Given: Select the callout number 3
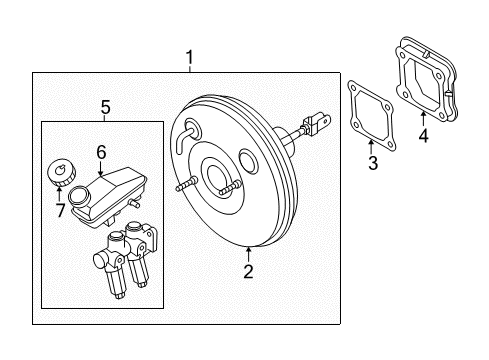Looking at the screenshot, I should [372, 163].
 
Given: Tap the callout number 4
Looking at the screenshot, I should [423, 136].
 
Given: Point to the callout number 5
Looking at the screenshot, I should [105, 106].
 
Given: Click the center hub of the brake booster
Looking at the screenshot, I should [222, 177].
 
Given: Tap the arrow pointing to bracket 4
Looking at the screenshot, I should [421, 115].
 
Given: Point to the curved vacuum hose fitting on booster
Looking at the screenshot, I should [180, 137].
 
